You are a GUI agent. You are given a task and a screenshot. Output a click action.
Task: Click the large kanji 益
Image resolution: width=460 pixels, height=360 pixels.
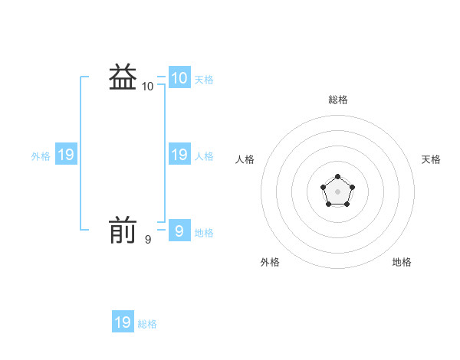coord(123,77)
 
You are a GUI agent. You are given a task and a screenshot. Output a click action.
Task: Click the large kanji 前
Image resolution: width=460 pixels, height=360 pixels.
coord(123,230)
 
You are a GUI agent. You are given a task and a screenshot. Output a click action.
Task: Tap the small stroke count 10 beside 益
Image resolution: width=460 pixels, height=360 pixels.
coord(148,87)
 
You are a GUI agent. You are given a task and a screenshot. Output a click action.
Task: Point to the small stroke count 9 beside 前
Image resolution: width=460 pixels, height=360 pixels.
coord(148,240)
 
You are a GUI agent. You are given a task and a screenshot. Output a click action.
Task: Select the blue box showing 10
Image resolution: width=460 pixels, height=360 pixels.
coord(179,78)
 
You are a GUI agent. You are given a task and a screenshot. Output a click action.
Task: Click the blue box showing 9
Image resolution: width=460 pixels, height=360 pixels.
coord(179,231)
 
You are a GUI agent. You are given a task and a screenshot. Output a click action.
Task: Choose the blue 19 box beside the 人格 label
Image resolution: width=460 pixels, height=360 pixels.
coord(179,155)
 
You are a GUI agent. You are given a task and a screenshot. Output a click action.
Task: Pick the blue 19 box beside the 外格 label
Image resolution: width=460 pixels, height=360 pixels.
coord(66,155)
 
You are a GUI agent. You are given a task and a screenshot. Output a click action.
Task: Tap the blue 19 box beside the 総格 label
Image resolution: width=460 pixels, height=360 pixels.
coord(123,322)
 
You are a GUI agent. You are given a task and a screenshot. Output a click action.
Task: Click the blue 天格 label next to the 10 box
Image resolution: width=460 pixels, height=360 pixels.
coord(204,80)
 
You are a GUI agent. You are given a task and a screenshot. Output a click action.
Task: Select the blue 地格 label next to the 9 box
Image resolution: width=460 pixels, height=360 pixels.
coord(204,233)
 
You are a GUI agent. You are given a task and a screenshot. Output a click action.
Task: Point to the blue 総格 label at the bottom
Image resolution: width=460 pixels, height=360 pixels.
coord(147,324)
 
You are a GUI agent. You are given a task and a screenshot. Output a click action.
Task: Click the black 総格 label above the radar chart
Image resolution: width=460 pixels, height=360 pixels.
coord(338,100)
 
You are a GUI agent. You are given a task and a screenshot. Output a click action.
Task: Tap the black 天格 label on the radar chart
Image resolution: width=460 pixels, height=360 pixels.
coord(431,159)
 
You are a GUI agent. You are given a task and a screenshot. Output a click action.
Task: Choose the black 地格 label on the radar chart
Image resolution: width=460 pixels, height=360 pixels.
coord(402,262)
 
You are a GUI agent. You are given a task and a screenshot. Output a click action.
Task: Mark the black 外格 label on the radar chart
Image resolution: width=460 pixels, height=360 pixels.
coord(270,262)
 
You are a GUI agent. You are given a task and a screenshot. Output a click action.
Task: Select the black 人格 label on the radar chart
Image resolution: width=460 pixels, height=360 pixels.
coord(245,159)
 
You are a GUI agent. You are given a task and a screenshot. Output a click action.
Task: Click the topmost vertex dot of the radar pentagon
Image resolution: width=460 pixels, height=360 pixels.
coord(337,177)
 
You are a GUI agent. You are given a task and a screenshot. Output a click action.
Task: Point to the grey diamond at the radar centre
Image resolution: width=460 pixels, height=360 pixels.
coord(337,190)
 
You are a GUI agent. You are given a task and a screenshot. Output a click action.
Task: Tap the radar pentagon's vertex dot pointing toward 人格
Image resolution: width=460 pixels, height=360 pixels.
coord(324,187)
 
